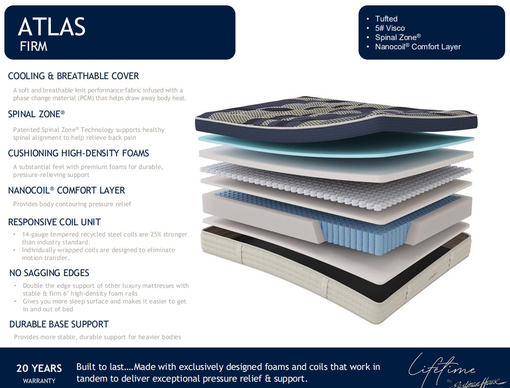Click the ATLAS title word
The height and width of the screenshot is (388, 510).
point(52,27)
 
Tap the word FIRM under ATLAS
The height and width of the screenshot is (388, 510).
point(34,46)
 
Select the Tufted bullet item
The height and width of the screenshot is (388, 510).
point(386,19)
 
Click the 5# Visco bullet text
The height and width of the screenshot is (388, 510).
point(390,28)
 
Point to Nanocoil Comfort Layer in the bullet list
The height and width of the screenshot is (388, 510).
point(418,47)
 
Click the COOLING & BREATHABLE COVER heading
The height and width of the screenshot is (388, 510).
point(73,76)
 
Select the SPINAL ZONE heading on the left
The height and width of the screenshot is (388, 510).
point(37,114)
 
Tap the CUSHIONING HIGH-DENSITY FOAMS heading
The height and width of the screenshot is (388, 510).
point(78,153)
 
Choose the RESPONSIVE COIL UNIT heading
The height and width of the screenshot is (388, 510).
point(55,222)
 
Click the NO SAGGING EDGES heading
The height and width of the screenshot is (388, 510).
point(49,273)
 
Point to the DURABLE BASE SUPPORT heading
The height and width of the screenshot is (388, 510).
point(59,324)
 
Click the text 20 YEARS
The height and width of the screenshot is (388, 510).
point(39,368)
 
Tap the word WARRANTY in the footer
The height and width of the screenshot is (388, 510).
point(39,381)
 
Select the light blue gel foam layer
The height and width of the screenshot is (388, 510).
point(336,145)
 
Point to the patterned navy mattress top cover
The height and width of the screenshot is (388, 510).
point(336,119)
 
